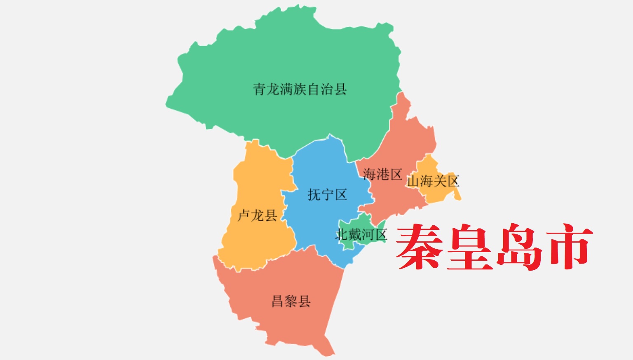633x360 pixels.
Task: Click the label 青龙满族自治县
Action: pyautogui.click(x=300, y=89)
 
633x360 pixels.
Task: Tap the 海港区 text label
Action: pyautogui.click(x=382, y=174)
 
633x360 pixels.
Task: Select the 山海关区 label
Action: pyautogui.click(x=433, y=181)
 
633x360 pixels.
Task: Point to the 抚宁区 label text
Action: pyautogui.click(x=327, y=194)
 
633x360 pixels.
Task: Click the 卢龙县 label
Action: pyautogui.click(x=257, y=215)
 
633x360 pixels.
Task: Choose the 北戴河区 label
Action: pyautogui.click(x=361, y=234)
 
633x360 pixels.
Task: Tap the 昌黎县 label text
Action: pyautogui.click(x=291, y=301)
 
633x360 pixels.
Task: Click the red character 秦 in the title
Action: pyautogui.click(x=419, y=247)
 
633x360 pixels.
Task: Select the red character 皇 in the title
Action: pyautogui.click(x=470, y=247)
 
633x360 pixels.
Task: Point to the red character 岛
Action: pyautogui.click(x=520, y=247)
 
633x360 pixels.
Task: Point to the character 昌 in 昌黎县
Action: pyautogui.click(x=277, y=301)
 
